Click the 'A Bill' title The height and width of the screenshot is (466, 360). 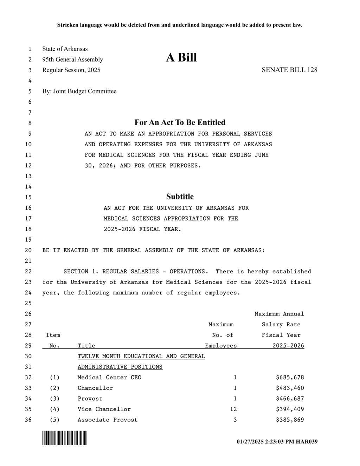181,57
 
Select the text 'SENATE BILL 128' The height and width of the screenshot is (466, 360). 289,70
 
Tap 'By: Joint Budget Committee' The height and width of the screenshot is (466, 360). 79,91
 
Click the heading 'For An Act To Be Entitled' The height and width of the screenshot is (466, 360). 180,122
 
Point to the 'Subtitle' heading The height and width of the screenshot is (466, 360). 180,197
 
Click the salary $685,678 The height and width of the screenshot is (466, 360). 290,377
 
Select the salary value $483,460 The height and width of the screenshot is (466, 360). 290,388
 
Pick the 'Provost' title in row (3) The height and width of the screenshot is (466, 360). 90,398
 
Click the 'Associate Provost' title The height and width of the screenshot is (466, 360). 108,420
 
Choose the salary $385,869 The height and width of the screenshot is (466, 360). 290,420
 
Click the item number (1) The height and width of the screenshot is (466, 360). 54,377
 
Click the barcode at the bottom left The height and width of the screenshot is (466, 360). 65,438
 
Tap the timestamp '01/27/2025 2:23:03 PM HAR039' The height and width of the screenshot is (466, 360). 277,441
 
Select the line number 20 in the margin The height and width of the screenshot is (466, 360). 28,250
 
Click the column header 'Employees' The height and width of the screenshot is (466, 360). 221,346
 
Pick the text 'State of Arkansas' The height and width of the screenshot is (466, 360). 65,49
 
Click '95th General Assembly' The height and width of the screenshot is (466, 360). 73,59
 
